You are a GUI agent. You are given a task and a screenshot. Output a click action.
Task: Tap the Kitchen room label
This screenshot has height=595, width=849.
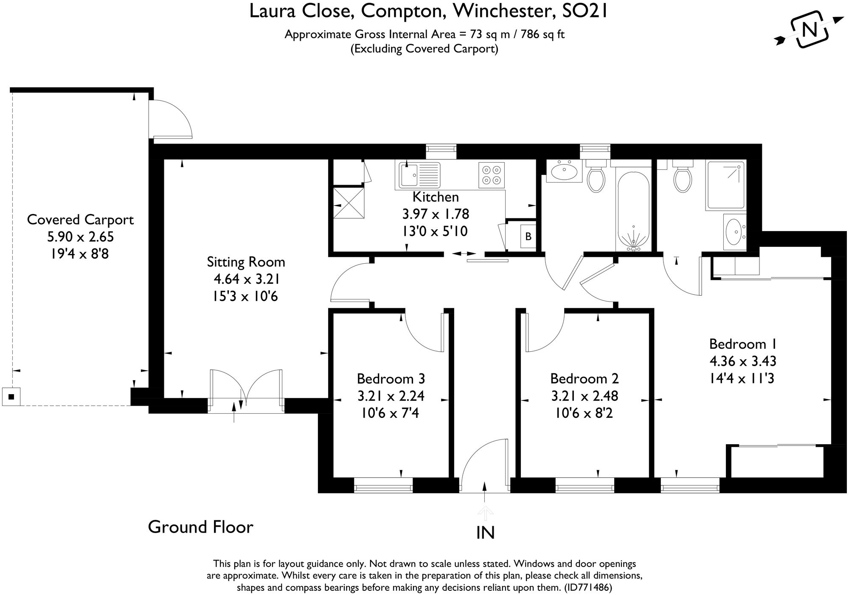click(436, 197)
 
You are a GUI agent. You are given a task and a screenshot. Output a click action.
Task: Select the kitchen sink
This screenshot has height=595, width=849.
click(419, 175)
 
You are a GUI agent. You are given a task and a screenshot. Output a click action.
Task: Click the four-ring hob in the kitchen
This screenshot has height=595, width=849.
click(492, 175)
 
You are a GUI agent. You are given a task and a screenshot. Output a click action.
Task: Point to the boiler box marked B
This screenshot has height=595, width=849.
click(529, 236)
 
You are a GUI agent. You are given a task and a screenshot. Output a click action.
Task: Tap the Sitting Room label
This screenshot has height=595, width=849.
click(246, 262)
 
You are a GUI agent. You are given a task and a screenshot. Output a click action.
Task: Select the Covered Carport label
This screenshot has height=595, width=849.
click(80, 220)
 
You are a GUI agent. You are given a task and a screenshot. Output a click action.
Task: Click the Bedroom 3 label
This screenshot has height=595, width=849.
click(391, 378)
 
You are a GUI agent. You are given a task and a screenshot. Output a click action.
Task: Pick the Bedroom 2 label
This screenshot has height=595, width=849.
click(585, 378)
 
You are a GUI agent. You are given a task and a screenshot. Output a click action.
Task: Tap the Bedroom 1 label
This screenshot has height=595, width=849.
click(743, 344)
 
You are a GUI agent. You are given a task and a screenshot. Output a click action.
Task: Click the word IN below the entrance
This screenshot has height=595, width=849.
click(486, 533)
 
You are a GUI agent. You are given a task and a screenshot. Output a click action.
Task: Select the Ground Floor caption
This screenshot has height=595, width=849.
click(200, 527)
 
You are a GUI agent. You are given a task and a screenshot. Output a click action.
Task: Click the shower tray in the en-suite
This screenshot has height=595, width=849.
click(725, 185)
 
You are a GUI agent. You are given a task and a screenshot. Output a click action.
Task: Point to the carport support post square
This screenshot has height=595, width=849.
click(11, 397)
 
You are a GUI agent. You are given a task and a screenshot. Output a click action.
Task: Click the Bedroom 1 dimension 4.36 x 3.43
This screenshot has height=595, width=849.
click(743, 361)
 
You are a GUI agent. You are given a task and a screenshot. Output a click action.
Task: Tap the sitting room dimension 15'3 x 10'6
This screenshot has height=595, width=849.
click(245, 296)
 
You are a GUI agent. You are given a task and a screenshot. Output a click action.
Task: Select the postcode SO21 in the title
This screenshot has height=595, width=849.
click(585, 11)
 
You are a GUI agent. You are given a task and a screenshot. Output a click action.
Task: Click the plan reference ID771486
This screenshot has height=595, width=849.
click(588, 588)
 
